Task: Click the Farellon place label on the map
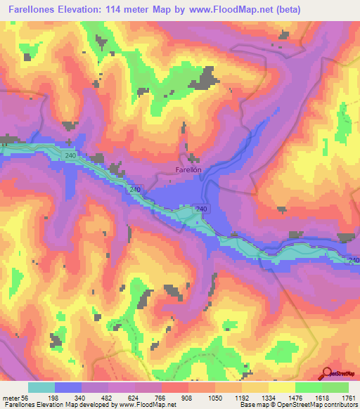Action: pyautogui.click(x=188, y=169)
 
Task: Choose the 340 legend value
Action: pyautogui.click(x=94, y=398)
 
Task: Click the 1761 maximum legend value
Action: pyautogui.click(x=350, y=398)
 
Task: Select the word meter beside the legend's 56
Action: pyautogui.click(x=12, y=398)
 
